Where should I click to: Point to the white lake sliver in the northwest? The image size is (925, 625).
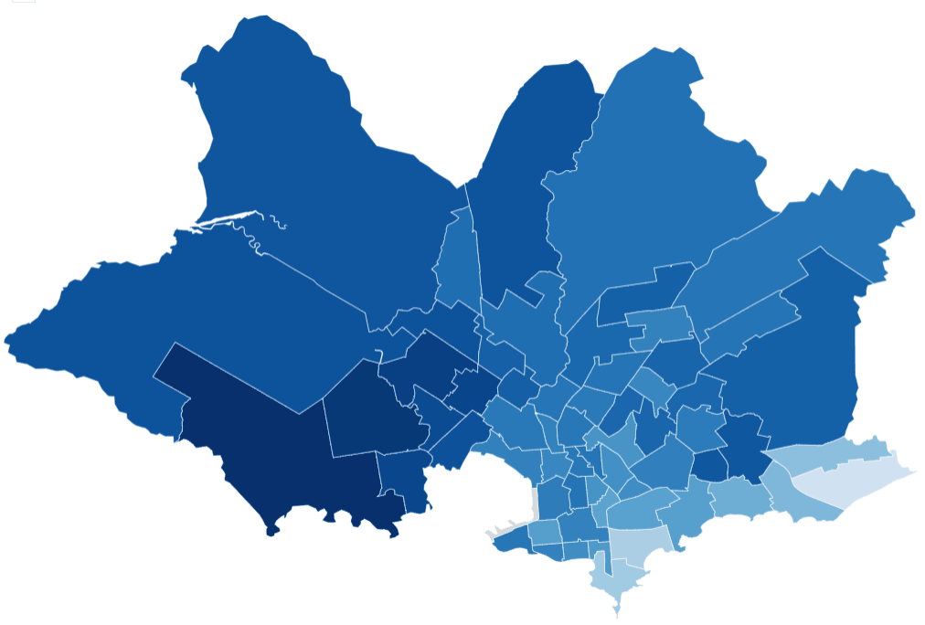224,220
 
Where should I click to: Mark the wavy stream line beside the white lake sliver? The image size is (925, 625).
271,223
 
